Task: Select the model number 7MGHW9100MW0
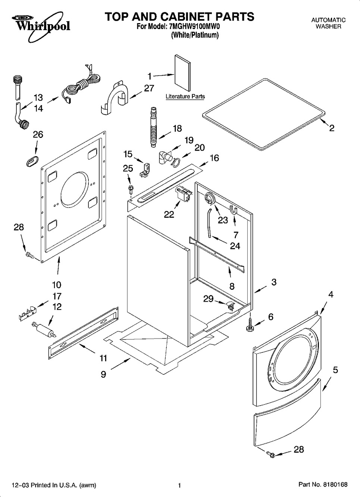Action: coord(194,26)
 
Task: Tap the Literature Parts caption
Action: coord(185,97)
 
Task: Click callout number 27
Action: coord(149,88)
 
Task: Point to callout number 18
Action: coord(177,128)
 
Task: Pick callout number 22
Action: coord(169,214)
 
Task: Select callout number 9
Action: coord(103,374)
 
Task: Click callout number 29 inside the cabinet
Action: coord(209,299)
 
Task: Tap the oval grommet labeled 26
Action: coord(32,161)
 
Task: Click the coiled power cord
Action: coord(81,85)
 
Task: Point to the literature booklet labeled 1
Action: coord(182,73)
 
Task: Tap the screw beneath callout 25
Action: coord(131,189)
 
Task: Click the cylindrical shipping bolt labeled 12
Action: coord(44,328)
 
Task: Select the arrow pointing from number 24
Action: coord(218,241)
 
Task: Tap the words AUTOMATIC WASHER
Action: coord(328,23)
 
